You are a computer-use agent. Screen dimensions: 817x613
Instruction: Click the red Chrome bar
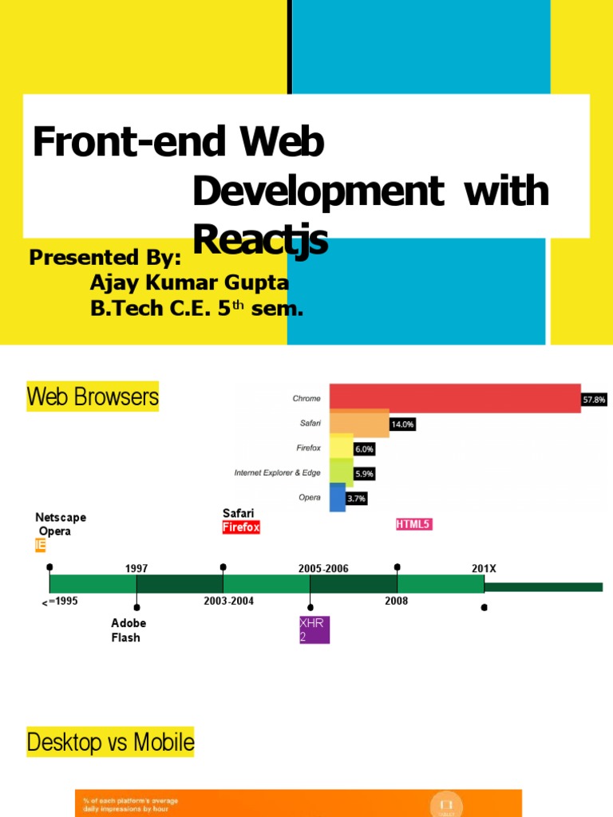pyautogui.click(x=455, y=398)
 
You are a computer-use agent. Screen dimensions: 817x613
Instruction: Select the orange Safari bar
pyautogui.click(x=359, y=424)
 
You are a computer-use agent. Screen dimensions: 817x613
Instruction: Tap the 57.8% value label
pyautogui.click(x=593, y=399)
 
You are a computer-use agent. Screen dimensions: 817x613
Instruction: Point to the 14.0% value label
pyautogui.click(x=402, y=424)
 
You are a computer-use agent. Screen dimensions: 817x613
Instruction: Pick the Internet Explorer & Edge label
pyautogui.click(x=277, y=473)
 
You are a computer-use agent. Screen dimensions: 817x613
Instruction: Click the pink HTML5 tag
pyautogui.click(x=414, y=524)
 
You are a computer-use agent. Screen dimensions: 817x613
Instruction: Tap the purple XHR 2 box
pyautogui.click(x=313, y=629)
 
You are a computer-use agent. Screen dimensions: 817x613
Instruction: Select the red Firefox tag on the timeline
pyautogui.click(x=241, y=527)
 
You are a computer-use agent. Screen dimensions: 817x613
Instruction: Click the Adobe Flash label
pyautogui.click(x=129, y=630)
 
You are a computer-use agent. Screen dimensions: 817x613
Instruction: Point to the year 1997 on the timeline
pyautogui.click(x=136, y=569)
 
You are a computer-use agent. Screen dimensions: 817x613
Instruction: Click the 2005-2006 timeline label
pyautogui.click(x=323, y=569)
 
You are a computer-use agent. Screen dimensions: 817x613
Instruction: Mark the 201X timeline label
pyautogui.click(x=484, y=569)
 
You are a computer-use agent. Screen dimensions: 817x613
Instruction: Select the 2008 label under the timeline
pyautogui.click(x=396, y=601)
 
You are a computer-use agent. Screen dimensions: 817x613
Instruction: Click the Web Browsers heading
pyautogui.click(x=93, y=397)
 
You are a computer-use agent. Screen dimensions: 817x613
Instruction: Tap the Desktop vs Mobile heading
pyautogui.click(x=110, y=743)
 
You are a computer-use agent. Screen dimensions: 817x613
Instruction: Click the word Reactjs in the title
pyautogui.click(x=260, y=239)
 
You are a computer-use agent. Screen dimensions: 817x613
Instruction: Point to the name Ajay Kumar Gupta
pyautogui.click(x=190, y=283)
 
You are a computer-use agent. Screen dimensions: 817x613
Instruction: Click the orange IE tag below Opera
pyautogui.click(x=40, y=546)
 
